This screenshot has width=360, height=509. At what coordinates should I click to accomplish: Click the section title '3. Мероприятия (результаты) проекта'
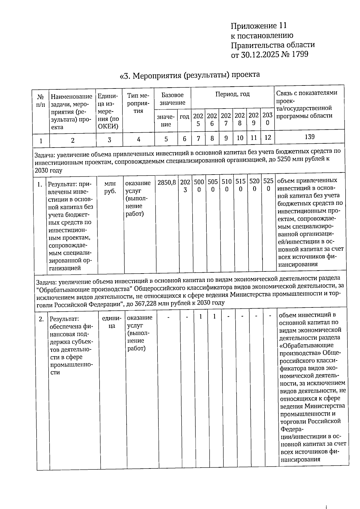click(190, 75)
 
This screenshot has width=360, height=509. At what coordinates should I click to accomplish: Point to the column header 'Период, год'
click(232, 94)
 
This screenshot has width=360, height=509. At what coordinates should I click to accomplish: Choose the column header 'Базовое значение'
click(172, 99)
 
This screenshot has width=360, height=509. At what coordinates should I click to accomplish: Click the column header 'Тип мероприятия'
click(138, 103)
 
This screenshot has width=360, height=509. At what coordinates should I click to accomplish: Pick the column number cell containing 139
click(309, 137)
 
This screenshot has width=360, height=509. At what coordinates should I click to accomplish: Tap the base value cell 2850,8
click(167, 182)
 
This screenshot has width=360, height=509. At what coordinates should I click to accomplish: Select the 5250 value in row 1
click(268, 185)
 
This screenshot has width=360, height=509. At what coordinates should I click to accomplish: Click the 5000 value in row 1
click(199, 185)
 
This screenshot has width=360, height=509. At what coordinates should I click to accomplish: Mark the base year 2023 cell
click(185, 186)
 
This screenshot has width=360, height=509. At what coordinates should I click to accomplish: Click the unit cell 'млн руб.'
click(110, 187)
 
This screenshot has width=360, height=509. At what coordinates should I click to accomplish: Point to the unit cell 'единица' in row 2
click(112, 322)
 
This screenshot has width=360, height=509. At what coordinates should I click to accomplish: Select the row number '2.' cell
click(41, 319)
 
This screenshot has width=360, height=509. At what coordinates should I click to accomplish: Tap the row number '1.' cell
click(40, 184)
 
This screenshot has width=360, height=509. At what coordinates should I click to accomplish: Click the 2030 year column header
click(267, 119)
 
